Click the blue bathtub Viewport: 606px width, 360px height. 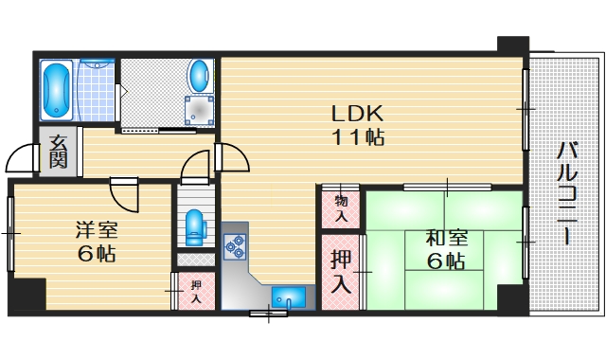pos(58,87)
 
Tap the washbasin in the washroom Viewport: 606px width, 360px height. pos(200,75)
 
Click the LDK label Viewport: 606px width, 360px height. pos(356,112)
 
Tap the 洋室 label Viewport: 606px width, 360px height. pos(96,229)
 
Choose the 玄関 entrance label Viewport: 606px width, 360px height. pos(59,152)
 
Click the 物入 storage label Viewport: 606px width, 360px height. pos(341,207)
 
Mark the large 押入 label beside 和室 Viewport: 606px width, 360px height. pos(341,270)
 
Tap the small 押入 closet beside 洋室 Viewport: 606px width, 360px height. pos(195,292)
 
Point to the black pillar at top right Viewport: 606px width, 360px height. pos(512,45)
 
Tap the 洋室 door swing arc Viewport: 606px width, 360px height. pos(124,195)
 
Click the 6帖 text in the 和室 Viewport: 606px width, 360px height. pos(445,261)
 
